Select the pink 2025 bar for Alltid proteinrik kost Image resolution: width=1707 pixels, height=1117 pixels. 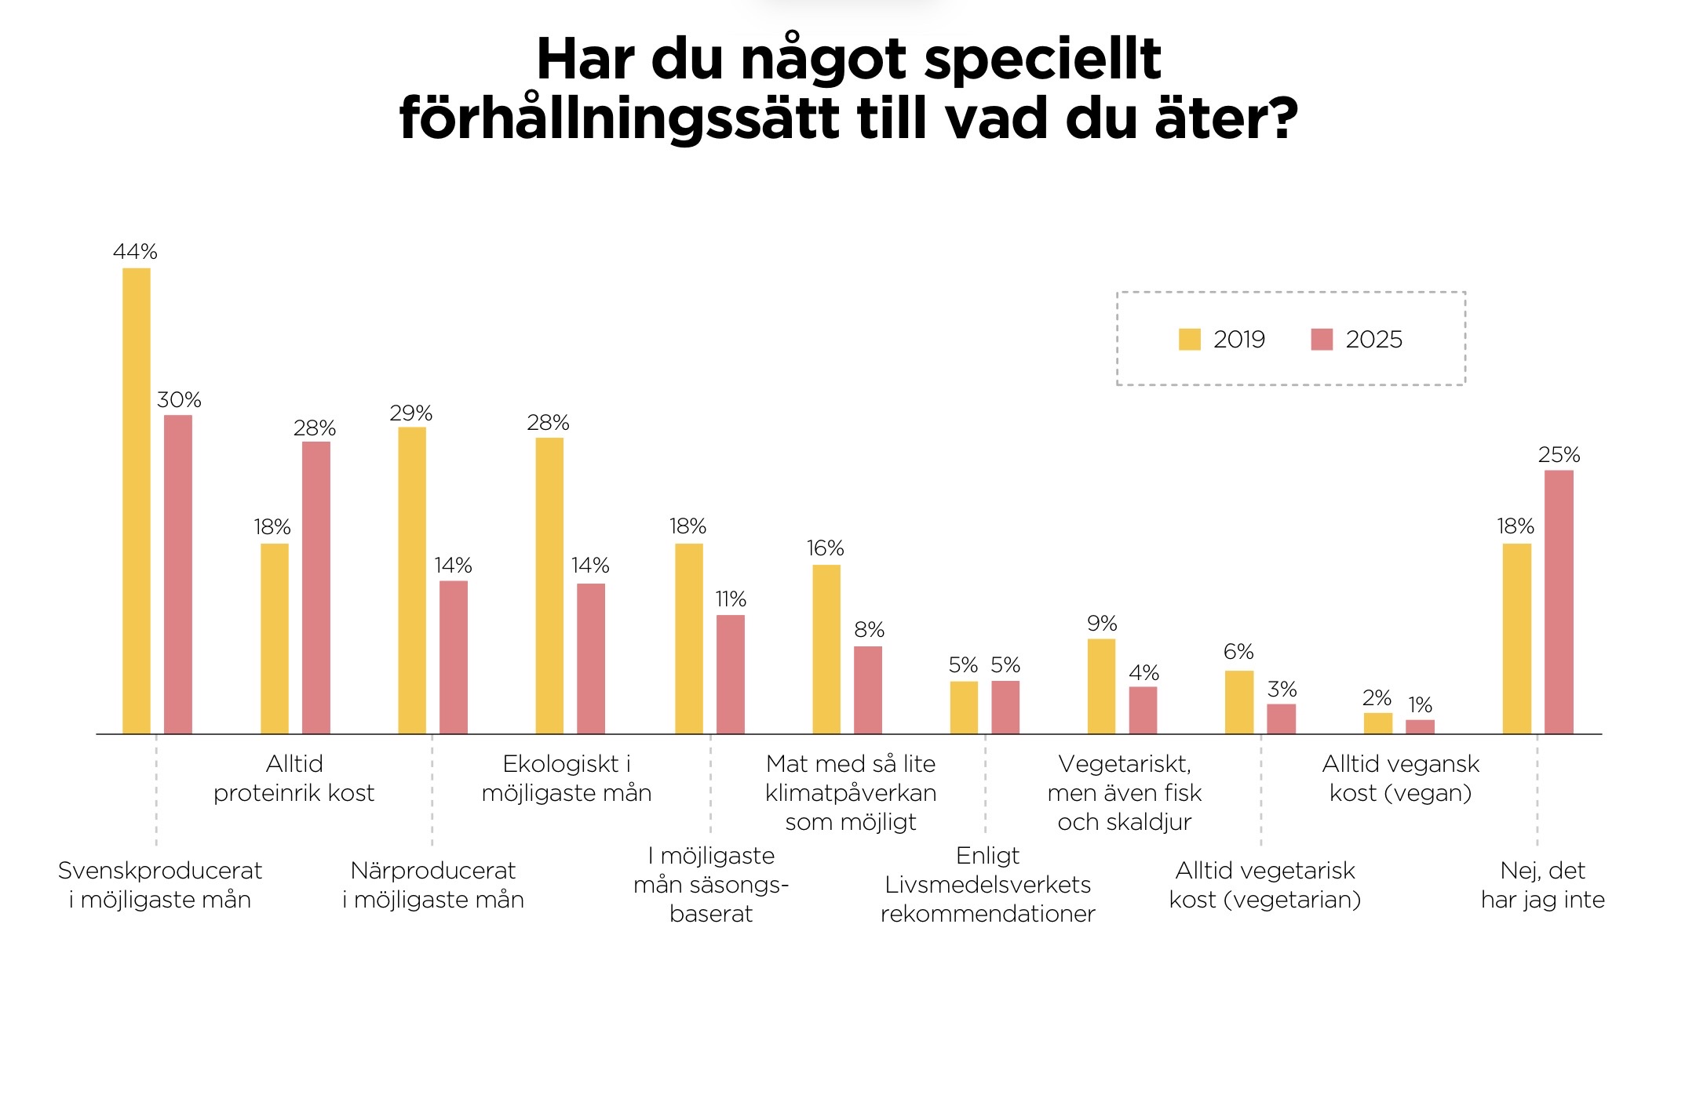coord(316,588)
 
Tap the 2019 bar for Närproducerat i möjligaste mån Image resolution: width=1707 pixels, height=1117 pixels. coord(412,580)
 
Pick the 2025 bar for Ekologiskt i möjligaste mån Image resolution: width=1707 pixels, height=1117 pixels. coord(591,658)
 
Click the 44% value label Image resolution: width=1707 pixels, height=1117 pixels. coord(135,252)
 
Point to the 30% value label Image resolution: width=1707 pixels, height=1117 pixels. coord(179,400)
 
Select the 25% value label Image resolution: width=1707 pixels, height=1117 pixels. coord(1559,455)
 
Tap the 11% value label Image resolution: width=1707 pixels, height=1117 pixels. coord(730,599)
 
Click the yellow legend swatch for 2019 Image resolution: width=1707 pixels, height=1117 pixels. coord(1189,340)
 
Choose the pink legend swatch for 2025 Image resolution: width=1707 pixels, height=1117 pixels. coord(1322,340)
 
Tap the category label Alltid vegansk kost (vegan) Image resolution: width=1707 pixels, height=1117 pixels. coord(1400,778)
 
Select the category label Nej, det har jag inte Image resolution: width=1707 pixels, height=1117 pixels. coord(1542,885)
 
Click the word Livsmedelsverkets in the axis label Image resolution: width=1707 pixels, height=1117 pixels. coord(987,885)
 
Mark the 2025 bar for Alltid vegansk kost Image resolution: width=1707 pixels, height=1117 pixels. coord(1420,726)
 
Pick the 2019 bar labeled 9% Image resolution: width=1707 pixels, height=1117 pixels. coord(1101,686)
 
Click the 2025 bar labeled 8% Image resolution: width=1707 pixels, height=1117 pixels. coord(868,689)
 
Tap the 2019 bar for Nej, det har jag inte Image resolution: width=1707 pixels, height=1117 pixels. coord(1516,639)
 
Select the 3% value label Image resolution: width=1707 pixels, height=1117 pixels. coord(1282,689)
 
